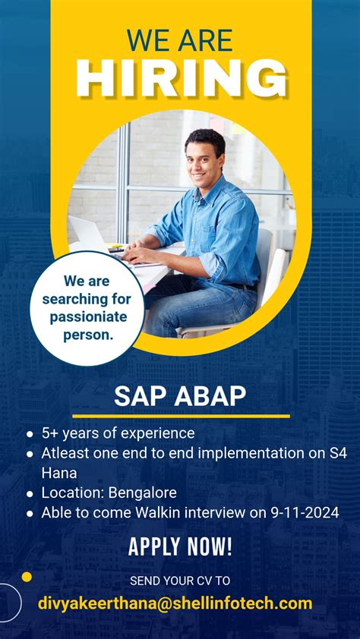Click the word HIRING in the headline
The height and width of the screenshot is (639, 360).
click(x=181, y=78)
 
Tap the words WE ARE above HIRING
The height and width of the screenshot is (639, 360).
click(x=180, y=40)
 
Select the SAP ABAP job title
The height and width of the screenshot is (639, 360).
click(x=180, y=396)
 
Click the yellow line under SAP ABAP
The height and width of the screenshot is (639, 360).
click(x=181, y=416)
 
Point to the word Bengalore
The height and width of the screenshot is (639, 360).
click(x=142, y=493)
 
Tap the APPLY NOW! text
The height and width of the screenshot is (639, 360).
click(x=180, y=546)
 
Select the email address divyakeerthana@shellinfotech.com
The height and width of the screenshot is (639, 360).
click(x=175, y=603)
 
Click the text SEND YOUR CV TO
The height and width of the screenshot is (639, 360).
click(x=180, y=581)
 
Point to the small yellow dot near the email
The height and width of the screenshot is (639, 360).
click(x=27, y=577)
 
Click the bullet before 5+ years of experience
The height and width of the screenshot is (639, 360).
click(x=30, y=434)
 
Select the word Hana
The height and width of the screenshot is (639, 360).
click(x=59, y=473)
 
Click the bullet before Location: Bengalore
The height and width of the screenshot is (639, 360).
click(x=30, y=494)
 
